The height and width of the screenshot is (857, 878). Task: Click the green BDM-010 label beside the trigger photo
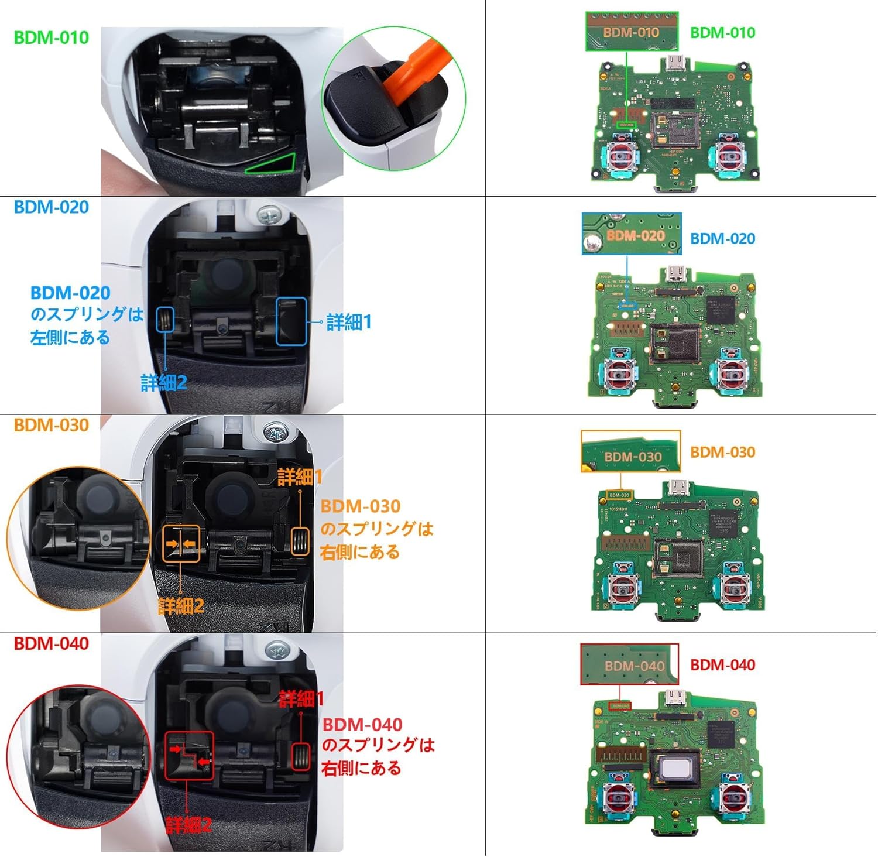[51, 38]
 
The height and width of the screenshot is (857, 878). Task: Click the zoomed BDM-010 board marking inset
[632, 31]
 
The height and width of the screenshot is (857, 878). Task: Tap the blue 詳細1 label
[349, 322]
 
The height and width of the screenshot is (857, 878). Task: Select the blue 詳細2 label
[164, 383]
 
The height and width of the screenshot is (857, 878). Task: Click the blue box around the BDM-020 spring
[165, 320]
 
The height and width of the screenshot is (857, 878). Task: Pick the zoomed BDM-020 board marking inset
[632, 234]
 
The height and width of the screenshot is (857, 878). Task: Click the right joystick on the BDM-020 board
[731, 371]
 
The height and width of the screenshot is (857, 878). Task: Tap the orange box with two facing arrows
[181, 544]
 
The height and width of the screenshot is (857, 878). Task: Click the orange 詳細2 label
[181, 606]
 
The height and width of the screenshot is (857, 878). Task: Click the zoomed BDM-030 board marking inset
[630, 451]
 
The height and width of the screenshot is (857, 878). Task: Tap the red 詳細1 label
[301, 698]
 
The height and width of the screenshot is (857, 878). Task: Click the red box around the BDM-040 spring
[300, 756]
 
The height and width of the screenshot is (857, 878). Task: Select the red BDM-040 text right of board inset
[722, 665]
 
